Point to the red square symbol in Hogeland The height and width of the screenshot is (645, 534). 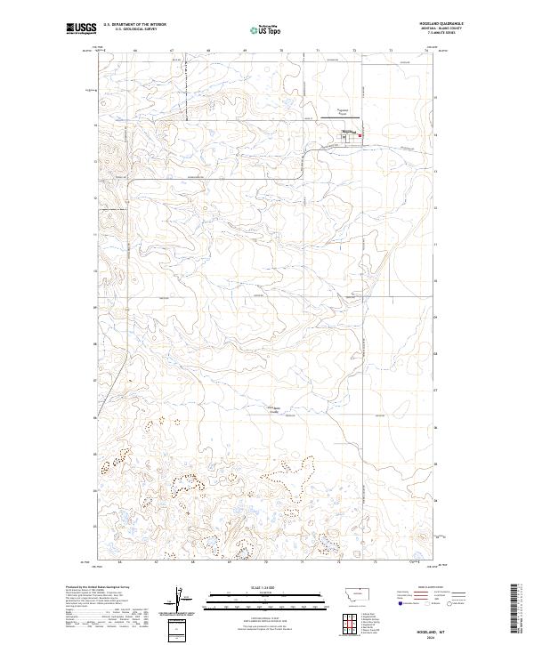[360, 135]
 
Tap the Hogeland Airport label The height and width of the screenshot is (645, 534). [343, 112]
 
